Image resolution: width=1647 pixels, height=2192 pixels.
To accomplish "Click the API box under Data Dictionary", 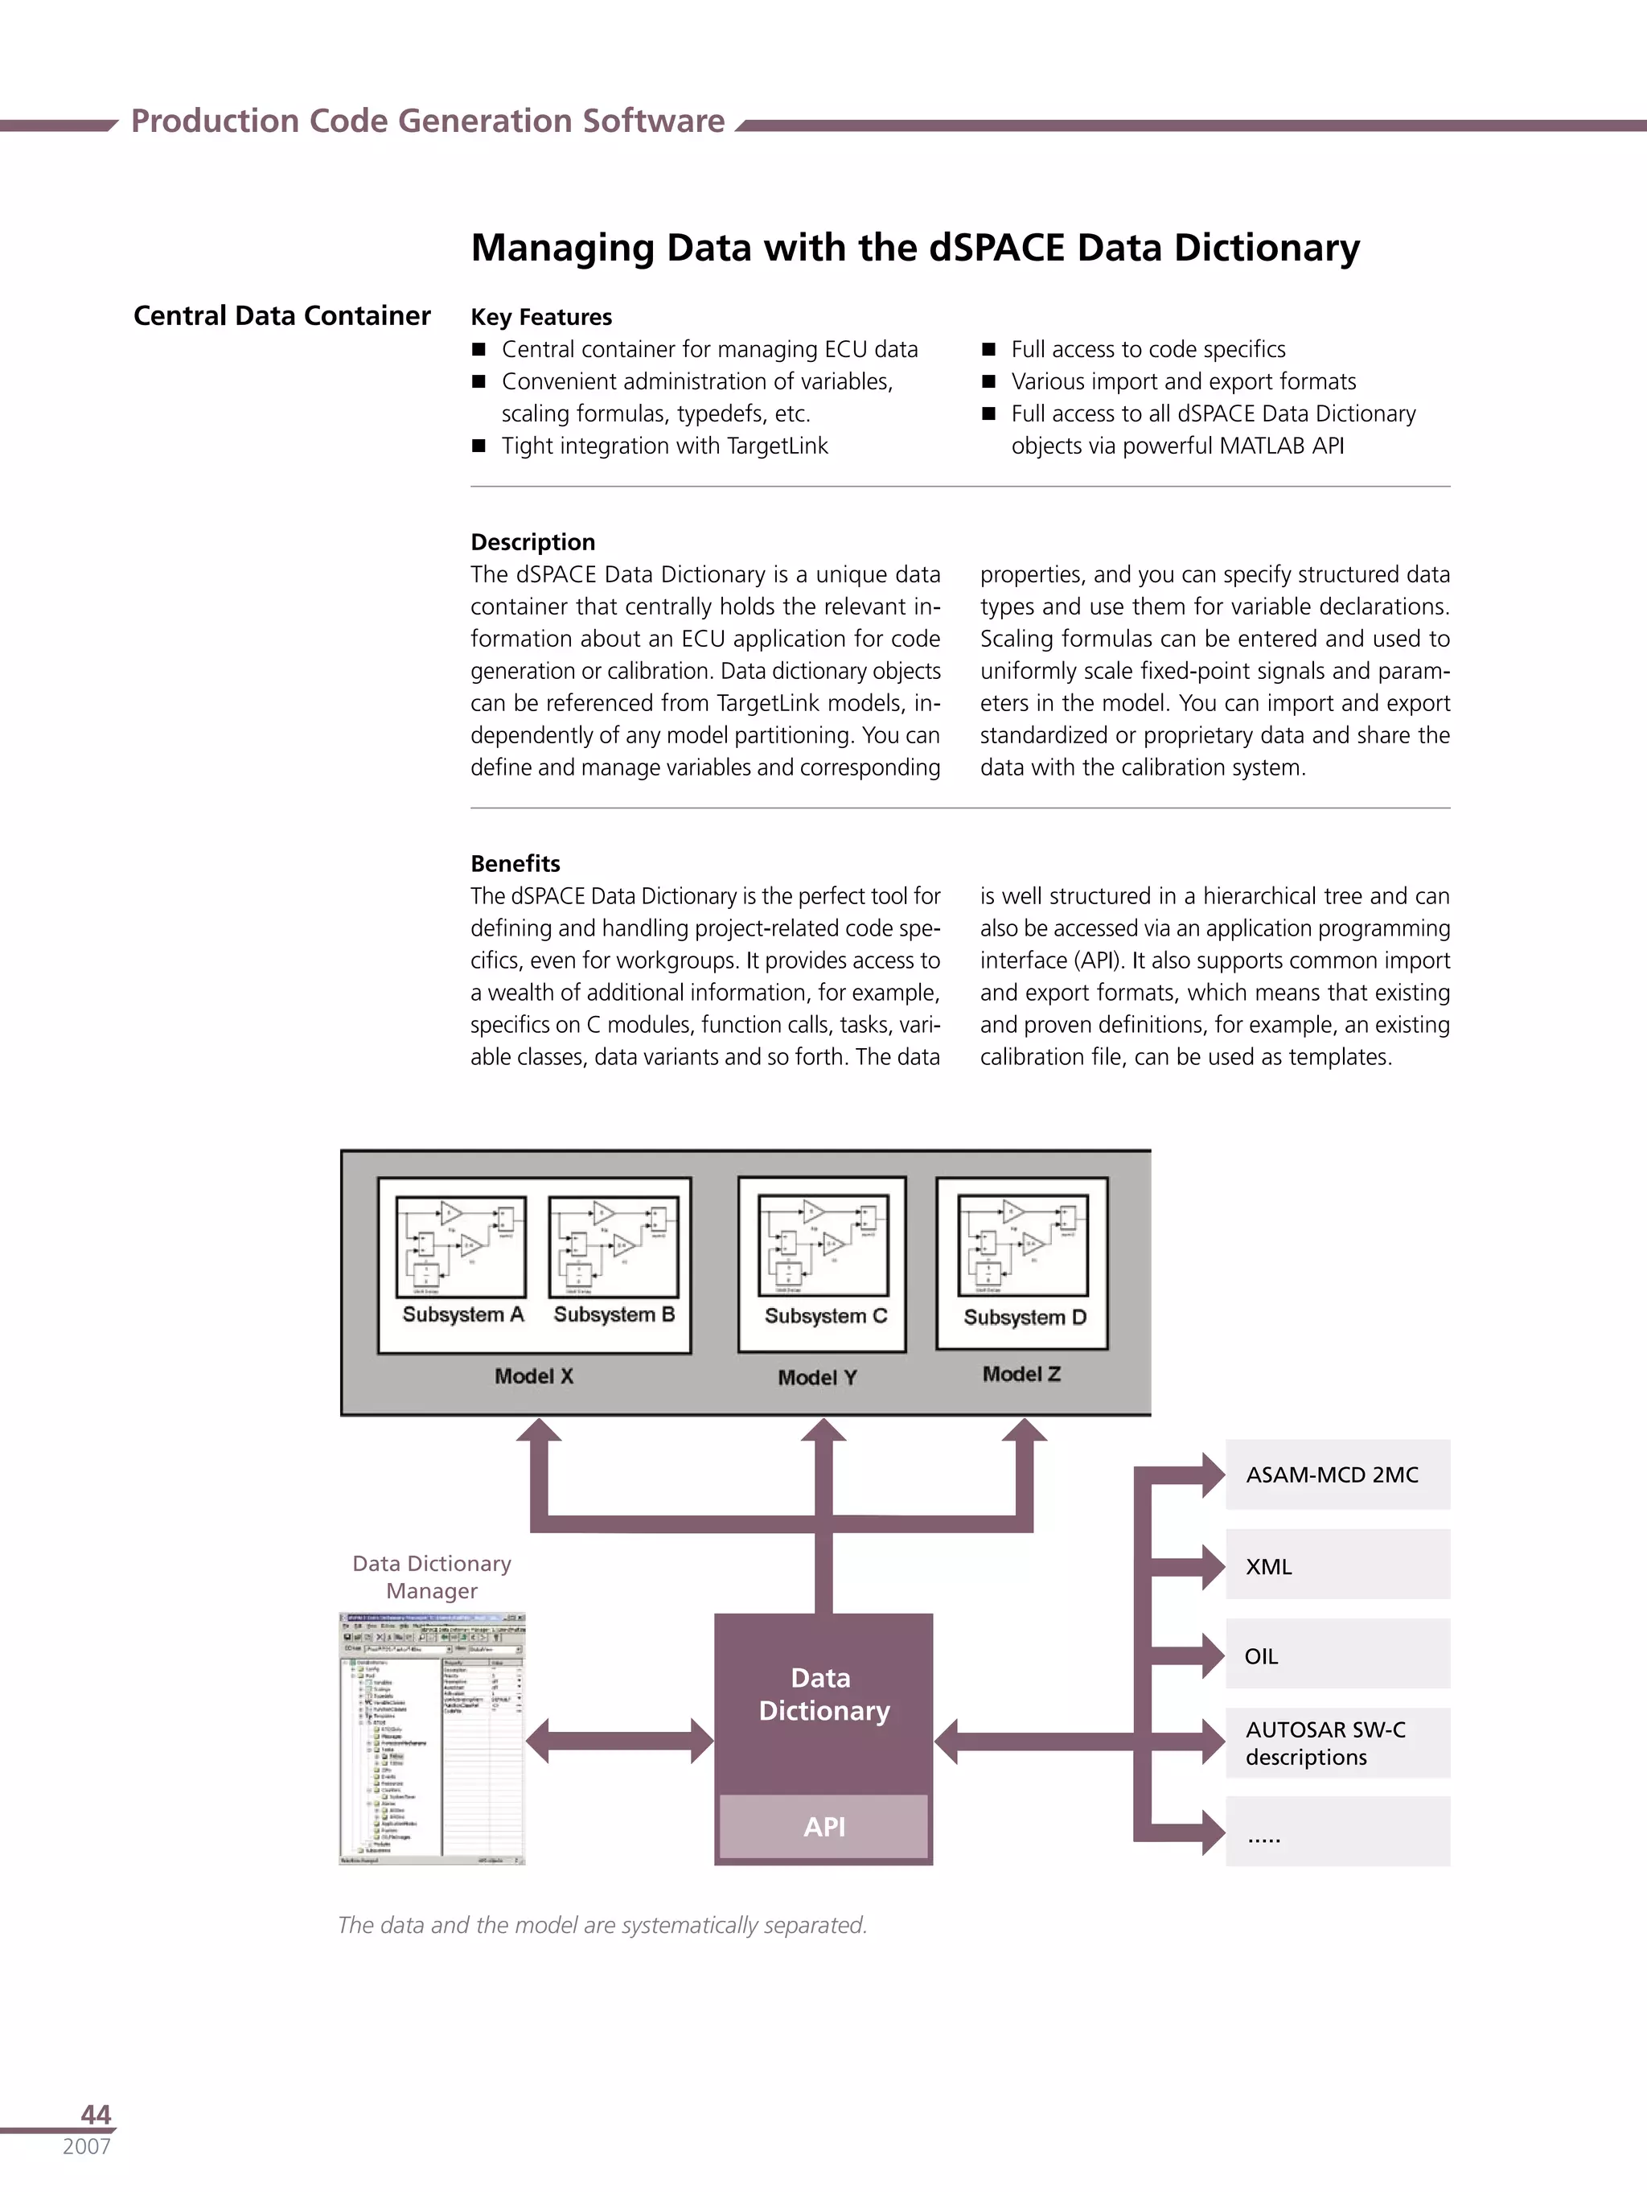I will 823,1825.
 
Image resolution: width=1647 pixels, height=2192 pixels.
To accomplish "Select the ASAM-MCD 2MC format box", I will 1337,1474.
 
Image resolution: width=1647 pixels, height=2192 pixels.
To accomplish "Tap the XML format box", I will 1337,1565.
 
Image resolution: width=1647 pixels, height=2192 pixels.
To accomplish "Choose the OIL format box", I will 1337,1655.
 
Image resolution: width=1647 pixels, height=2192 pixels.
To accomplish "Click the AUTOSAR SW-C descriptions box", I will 1337,1743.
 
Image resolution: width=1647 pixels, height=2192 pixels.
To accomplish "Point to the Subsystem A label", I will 462,1314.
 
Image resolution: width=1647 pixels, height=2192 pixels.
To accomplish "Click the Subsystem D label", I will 1025,1317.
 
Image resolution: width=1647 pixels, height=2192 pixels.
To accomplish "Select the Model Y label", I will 816,1376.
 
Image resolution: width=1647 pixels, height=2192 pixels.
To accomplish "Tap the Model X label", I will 533,1376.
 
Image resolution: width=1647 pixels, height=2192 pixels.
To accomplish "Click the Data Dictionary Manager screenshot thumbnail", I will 432,1739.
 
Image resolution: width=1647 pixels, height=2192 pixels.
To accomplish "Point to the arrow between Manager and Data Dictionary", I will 619,1740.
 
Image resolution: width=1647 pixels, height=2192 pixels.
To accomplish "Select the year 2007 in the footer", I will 86,2146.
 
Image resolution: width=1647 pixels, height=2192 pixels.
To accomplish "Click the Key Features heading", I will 541,317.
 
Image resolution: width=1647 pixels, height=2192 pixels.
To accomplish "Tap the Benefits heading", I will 515,863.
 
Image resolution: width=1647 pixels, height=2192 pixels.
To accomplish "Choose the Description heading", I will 533,542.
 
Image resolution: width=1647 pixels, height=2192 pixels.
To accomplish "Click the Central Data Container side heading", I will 281,315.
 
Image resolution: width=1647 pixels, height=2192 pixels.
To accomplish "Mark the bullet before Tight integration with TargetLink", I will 478,446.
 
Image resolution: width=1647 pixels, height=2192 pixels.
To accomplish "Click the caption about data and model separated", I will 602,1924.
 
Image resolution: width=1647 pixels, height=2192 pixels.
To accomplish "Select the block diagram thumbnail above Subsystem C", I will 823,1244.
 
